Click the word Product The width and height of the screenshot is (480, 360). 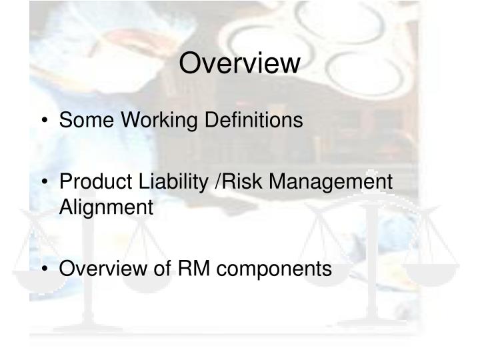(x=91, y=181)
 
